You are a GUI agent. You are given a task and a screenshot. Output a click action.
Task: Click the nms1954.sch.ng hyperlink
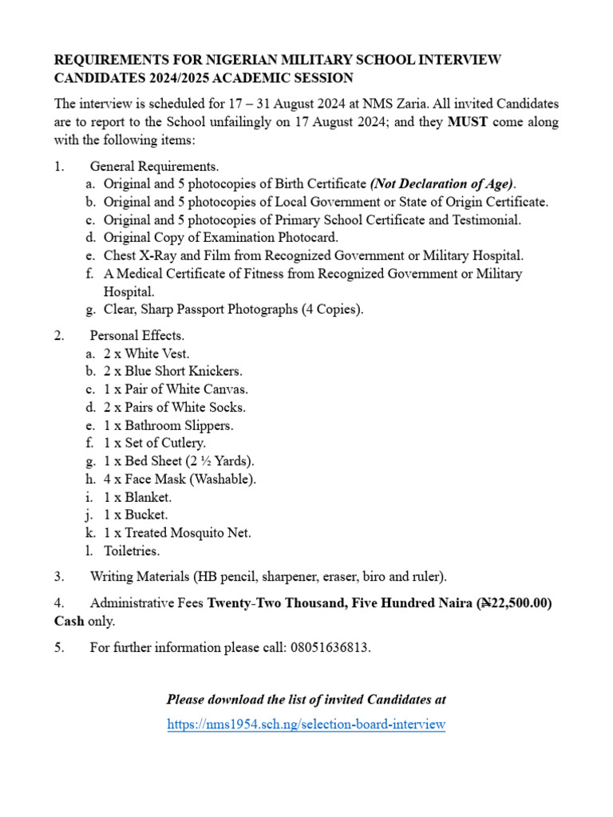306,724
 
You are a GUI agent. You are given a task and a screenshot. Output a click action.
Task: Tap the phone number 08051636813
332,647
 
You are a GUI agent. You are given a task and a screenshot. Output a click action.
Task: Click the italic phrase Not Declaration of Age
443,184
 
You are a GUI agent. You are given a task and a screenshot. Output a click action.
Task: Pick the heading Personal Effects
137,335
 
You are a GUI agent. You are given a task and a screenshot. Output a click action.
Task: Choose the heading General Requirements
154,166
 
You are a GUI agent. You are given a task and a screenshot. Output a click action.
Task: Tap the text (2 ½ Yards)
220,461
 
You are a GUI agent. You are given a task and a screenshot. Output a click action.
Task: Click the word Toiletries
132,551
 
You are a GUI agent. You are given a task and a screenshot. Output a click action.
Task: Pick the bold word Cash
69,621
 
